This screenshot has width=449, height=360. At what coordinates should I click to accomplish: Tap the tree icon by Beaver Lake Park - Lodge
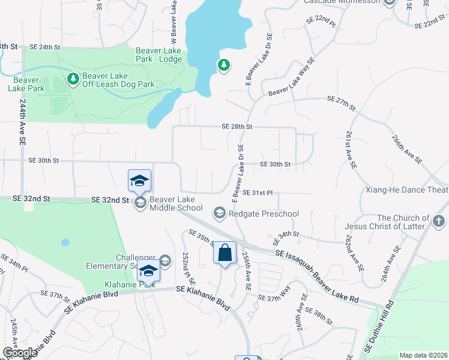[x=224, y=65]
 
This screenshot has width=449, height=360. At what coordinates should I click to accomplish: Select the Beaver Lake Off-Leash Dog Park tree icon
[x=73, y=79]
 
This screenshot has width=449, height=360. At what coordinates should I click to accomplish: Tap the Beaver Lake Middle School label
[x=176, y=203]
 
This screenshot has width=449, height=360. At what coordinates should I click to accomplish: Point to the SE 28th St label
[x=237, y=127]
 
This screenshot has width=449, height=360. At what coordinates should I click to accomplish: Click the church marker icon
[x=439, y=223]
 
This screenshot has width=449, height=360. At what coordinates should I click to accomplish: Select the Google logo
[x=20, y=353]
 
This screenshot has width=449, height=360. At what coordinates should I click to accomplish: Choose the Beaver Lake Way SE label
[x=292, y=77]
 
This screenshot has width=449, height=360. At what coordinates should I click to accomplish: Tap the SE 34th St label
[x=286, y=235]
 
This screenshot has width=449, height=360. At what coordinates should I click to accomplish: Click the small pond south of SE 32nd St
[x=64, y=243]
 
